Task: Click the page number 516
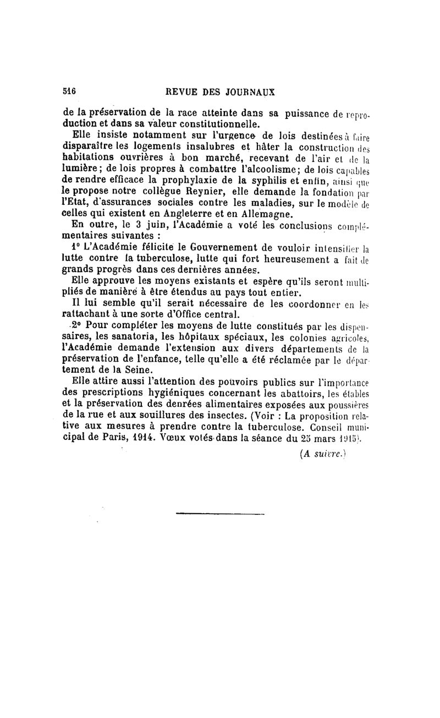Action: [69, 91]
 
